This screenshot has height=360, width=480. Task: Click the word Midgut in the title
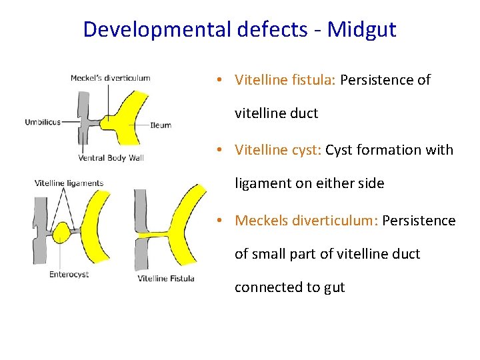[x=361, y=29]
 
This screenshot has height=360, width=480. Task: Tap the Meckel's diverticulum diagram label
[x=110, y=78]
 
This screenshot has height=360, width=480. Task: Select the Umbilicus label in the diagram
[x=43, y=122]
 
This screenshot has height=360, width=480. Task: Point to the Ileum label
[x=161, y=125]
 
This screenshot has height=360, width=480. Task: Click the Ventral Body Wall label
[x=111, y=158]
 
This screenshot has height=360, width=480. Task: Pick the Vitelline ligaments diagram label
[x=69, y=183]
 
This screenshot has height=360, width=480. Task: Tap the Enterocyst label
[x=69, y=274]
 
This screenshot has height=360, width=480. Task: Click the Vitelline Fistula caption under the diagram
[x=166, y=278]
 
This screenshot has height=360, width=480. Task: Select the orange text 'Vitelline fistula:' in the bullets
[x=285, y=80]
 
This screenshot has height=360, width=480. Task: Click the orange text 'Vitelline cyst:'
[x=278, y=150]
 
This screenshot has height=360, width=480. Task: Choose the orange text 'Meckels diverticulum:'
[x=306, y=220]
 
